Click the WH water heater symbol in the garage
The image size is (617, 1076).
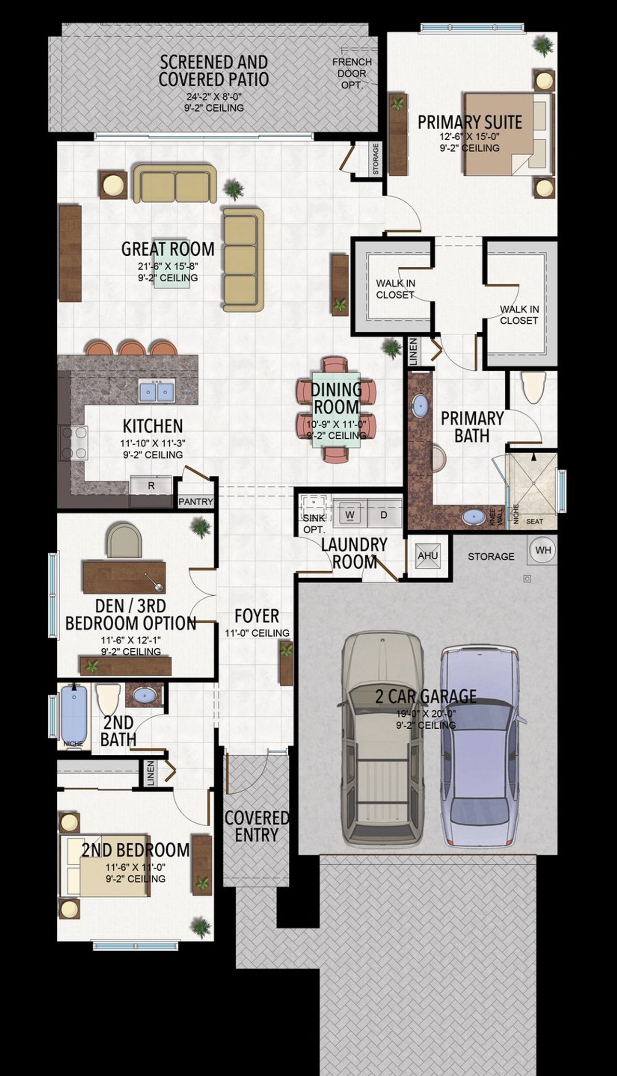pyautogui.click(x=543, y=550)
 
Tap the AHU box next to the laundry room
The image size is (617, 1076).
pyautogui.click(x=428, y=556)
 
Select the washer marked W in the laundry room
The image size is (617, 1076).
pyautogui.click(x=350, y=514)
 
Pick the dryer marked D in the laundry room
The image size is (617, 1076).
pyautogui.click(x=384, y=514)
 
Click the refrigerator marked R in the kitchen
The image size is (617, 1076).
pyautogui.click(x=151, y=486)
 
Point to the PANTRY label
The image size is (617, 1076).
pyautogui.click(x=195, y=501)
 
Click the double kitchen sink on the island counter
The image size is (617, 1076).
pyautogui.click(x=157, y=390)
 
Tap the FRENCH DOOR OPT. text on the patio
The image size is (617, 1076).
pyautogui.click(x=351, y=73)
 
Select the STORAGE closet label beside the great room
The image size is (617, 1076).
pyautogui.click(x=376, y=159)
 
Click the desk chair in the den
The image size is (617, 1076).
pyautogui.click(x=125, y=541)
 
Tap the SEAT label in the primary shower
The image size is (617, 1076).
pyautogui.click(x=535, y=521)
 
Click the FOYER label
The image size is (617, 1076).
pyautogui.click(x=256, y=616)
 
